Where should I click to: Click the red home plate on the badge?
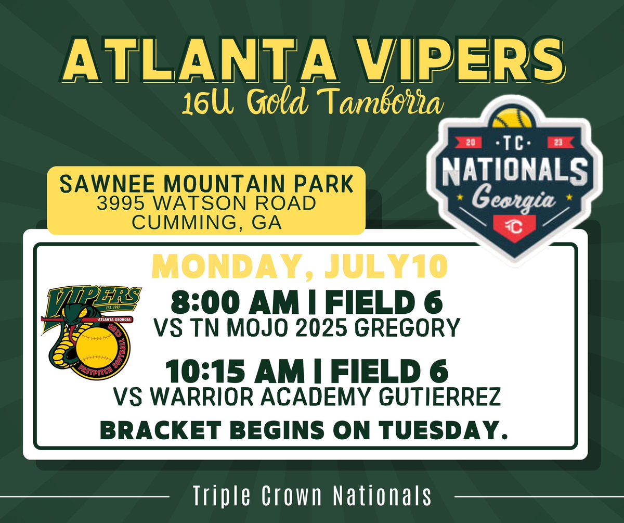(512, 226)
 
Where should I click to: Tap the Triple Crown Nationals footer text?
(312, 496)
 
